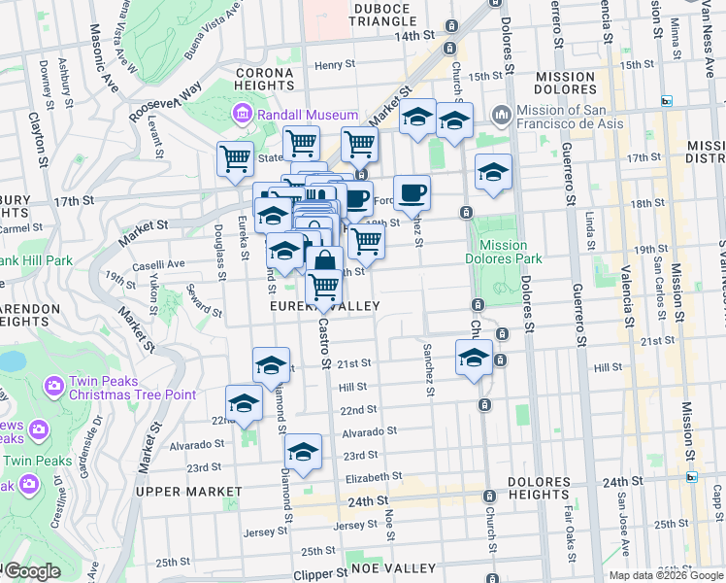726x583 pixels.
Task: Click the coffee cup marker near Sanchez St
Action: (412, 191)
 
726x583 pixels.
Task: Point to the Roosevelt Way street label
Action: (165, 100)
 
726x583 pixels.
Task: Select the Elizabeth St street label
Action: (373, 477)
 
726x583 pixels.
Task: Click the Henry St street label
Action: (336, 65)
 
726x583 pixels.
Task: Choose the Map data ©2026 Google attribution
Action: (666, 574)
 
